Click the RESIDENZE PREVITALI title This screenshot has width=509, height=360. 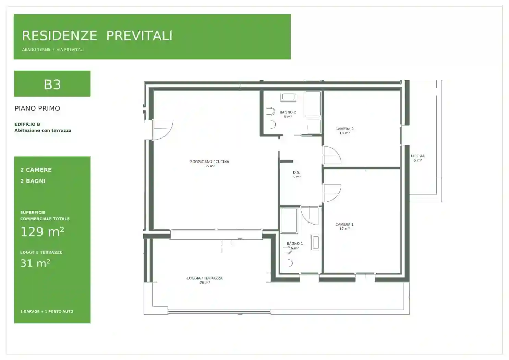[97, 36]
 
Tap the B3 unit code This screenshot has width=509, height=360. [52, 85]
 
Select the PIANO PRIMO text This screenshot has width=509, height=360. [37, 108]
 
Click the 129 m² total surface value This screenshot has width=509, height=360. [42, 232]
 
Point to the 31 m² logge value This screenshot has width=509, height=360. [35, 263]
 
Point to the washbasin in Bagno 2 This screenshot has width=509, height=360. [288, 97]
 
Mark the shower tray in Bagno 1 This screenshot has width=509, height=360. [289, 220]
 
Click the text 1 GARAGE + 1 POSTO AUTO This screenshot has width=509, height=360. [47, 311]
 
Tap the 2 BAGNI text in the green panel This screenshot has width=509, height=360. [33, 181]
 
